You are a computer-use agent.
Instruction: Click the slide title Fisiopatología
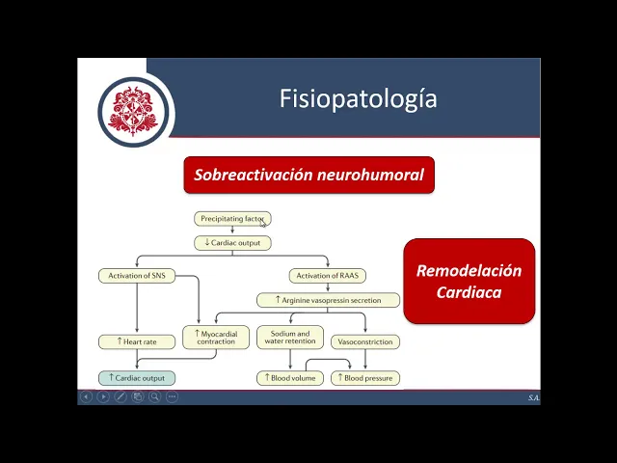358,98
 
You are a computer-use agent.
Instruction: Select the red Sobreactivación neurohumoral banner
308,176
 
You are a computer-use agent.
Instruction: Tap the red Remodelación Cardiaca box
469,281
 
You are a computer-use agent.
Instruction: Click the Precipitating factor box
232,219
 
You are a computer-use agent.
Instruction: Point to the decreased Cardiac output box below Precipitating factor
232,243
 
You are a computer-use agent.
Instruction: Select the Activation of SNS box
136,276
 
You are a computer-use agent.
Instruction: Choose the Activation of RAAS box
328,276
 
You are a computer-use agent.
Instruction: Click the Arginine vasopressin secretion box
328,300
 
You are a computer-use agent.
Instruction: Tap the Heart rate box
136,341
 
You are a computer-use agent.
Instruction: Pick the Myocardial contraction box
216,338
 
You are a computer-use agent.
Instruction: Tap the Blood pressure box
365,378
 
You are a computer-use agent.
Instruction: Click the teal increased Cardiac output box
136,378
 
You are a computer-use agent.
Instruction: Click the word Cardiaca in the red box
469,292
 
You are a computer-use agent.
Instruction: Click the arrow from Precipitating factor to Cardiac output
232,231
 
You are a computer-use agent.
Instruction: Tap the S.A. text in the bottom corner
532,397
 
